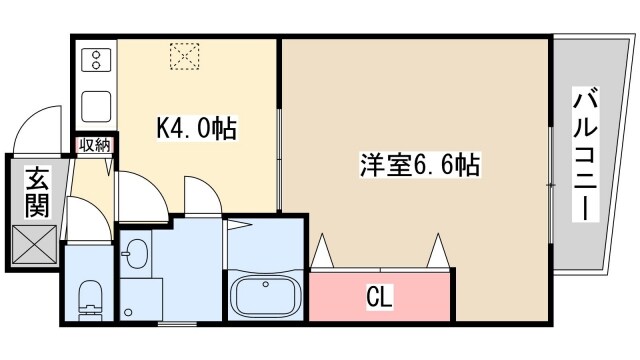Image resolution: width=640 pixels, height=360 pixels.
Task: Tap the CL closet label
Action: [x=378, y=297]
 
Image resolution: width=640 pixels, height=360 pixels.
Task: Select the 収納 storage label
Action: [x=97, y=144]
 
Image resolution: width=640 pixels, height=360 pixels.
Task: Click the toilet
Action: [x=89, y=296]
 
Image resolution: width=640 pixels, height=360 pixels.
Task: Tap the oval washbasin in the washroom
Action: [x=138, y=253]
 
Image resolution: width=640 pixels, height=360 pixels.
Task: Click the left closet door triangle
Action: [x=322, y=253]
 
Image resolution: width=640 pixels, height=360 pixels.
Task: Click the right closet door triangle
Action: [x=437, y=252]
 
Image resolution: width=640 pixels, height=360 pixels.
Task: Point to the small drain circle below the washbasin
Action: [x=127, y=314]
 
